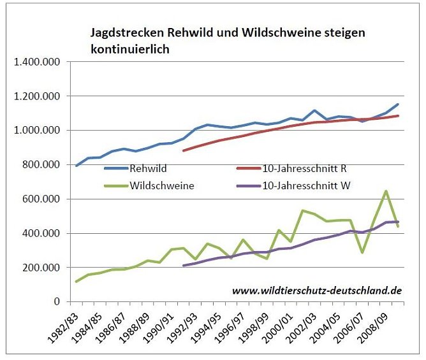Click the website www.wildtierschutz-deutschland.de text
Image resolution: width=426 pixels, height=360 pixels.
[x=316, y=290]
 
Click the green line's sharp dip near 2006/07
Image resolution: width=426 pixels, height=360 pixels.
[x=362, y=252]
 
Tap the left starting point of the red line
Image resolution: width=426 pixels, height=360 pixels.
[x=184, y=150]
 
